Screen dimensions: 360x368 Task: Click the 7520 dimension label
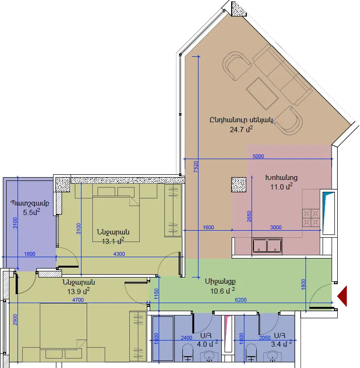click(196, 167)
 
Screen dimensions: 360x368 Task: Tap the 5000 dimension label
click(258, 156)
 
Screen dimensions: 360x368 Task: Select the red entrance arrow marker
click(342, 296)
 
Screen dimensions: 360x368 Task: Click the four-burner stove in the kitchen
click(311, 218)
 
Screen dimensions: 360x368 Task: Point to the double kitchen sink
click(267, 246)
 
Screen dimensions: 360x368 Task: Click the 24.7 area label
click(241, 129)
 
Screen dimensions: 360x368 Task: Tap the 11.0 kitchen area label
click(281, 187)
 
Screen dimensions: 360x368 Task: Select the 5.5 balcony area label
click(31, 212)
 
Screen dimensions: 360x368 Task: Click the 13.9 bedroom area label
click(78, 291)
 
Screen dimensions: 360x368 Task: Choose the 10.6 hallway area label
click(223, 291)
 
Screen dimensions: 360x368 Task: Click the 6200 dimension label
click(241, 300)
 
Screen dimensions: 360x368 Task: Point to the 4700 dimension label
click(78, 300)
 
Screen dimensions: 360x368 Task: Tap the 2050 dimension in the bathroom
click(265, 338)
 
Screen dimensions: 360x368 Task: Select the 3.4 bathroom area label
click(281, 343)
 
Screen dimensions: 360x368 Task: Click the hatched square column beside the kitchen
click(239, 185)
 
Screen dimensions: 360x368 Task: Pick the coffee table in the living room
click(262, 94)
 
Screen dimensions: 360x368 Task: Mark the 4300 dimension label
click(119, 254)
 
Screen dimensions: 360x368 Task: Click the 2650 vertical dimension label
click(249, 216)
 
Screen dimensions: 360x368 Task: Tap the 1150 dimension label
click(156, 294)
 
